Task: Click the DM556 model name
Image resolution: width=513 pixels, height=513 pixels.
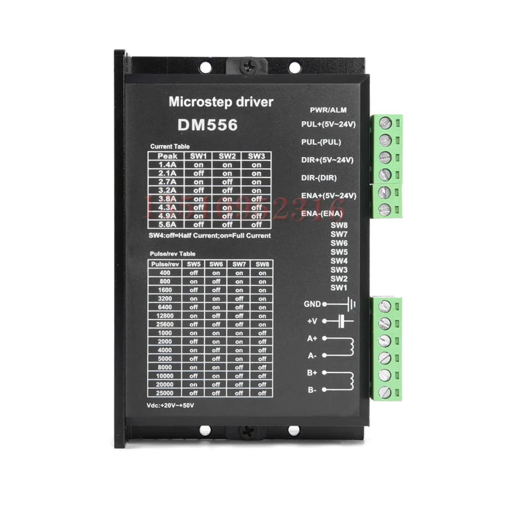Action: click(207, 125)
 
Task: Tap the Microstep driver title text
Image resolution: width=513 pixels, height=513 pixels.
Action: click(221, 102)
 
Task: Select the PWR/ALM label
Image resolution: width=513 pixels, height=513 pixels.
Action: click(332, 110)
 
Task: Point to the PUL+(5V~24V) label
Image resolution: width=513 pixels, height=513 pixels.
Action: click(328, 124)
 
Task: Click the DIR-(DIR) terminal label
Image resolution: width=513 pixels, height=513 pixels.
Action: click(319, 177)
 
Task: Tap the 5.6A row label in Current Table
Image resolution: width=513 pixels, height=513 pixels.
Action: click(168, 224)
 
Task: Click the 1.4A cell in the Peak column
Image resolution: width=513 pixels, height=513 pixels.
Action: click(168, 165)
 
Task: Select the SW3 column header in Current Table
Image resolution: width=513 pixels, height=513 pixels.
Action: click(256, 156)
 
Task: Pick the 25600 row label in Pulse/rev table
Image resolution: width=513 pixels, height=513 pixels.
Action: click(162, 324)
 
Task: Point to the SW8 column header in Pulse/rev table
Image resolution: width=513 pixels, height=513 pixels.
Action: click(262, 264)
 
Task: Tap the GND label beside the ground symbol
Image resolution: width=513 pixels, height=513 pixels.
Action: click(312, 304)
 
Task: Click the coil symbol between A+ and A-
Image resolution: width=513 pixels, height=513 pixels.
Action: click(352, 347)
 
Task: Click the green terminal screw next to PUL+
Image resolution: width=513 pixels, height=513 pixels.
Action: click(386, 123)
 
